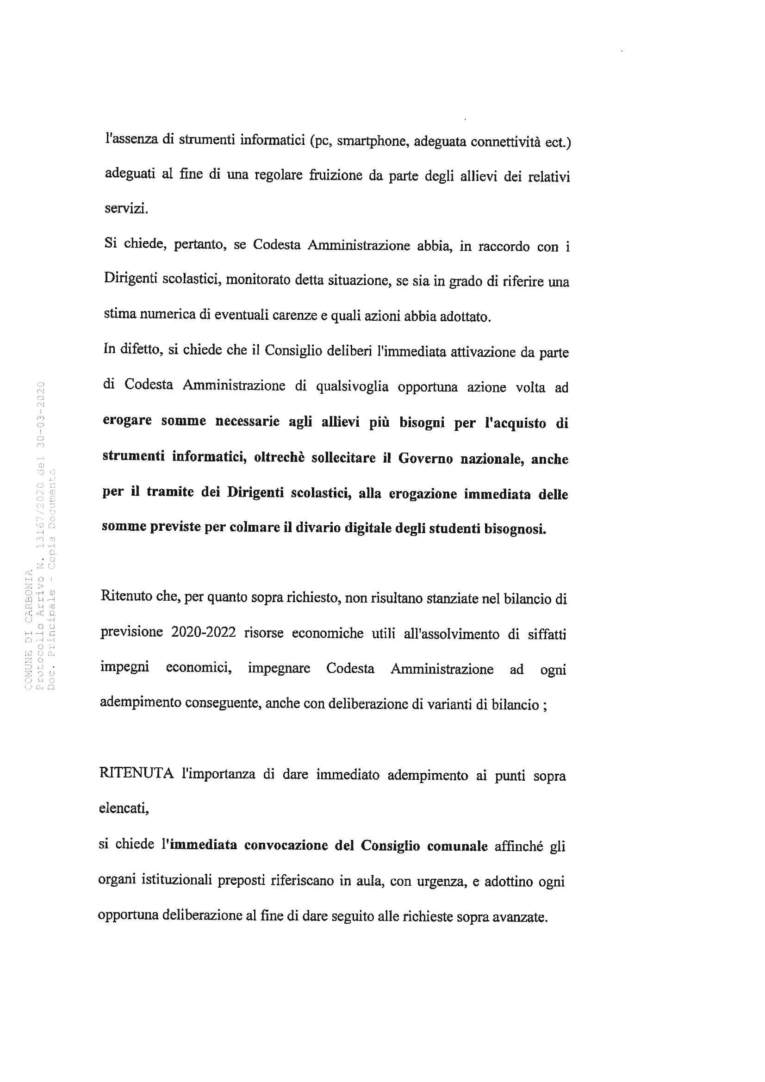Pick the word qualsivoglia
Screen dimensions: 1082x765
[352, 386]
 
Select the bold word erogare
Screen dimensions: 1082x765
[127, 420]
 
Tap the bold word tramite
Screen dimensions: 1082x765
[170, 492]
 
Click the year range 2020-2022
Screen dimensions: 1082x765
[204, 633]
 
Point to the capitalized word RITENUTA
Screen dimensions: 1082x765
[136, 774]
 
